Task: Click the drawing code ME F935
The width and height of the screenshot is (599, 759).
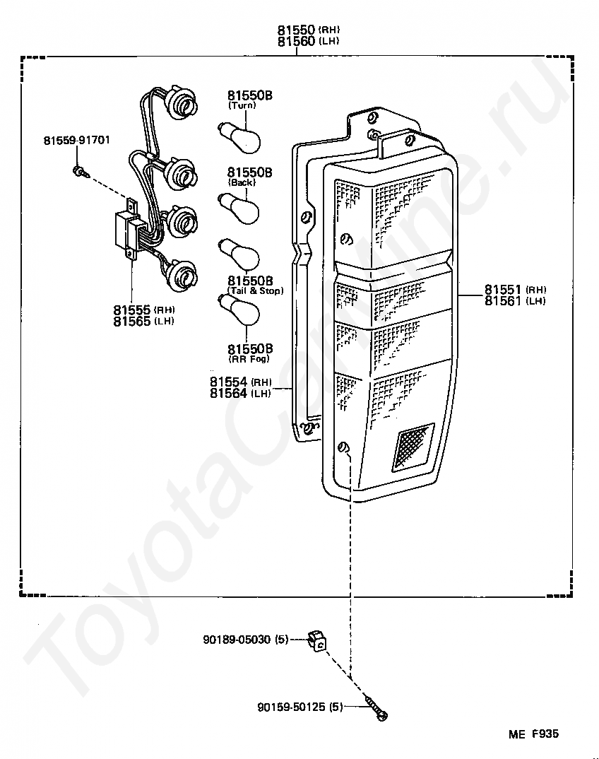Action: click(533, 734)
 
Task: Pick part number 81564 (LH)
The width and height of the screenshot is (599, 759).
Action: click(240, 394)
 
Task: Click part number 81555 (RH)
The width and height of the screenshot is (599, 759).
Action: click(143, 310)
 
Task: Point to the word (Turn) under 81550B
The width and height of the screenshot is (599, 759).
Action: click(242, 105)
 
